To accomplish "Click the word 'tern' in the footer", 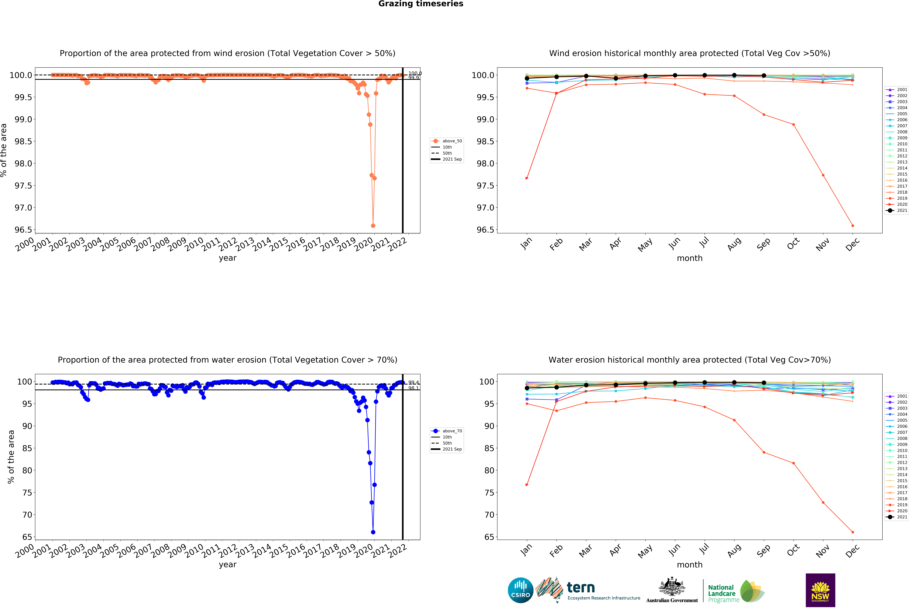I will pyautogui.click(x=581, y=587).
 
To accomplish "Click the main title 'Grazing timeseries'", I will pyautogui.click(x=421, y=4).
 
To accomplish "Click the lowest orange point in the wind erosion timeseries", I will pyautogui.click(x=373, y=226).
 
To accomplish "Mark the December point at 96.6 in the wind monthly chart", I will pyautogui.click(x=853, y=226).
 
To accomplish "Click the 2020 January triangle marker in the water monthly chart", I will pyautogui.click(x=527, y=485).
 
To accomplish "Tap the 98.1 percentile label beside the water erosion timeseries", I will pyautogui.click(x=413, y=388).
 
